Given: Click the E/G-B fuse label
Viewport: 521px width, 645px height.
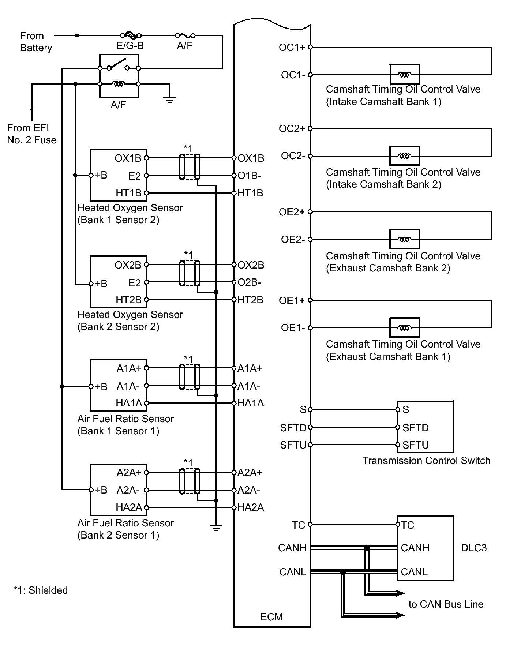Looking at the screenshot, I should (x=130, y=46).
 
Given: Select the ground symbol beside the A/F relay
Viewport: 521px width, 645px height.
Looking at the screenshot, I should (x=169, y=99).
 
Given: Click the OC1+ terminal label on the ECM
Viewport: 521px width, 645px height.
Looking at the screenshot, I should (x=292, y=47).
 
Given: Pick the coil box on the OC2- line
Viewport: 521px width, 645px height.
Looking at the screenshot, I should (x=404, y=156).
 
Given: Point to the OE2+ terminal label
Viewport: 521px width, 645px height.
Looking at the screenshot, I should (x=292, y=212).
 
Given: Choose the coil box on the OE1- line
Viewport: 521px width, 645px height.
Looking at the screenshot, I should (x=404, y=327).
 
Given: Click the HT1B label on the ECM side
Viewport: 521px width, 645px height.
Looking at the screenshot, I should (x=250, y=193).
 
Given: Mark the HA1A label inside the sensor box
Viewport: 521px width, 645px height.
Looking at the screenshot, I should (x=129, y=403).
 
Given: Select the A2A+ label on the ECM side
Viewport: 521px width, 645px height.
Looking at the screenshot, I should (x=250, y=473).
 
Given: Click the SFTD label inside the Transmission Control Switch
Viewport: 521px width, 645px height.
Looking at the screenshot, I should (x=416, y=428).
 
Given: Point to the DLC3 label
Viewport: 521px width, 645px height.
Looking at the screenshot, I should (x=474, y=548).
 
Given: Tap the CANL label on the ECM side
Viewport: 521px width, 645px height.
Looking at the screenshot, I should (x=292, y=572).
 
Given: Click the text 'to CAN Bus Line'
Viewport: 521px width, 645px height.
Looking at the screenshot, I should (x=446, y=604).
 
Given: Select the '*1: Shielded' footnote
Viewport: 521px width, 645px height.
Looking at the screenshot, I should (x=41, y=590).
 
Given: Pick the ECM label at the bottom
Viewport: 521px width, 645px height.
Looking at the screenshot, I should (x=271, y=617).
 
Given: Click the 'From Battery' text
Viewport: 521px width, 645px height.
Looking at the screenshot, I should (x=36, y=42).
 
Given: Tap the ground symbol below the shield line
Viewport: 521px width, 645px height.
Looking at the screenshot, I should (x=216, y=528).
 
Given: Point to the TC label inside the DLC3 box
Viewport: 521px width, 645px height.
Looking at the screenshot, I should (x=408, y=525).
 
